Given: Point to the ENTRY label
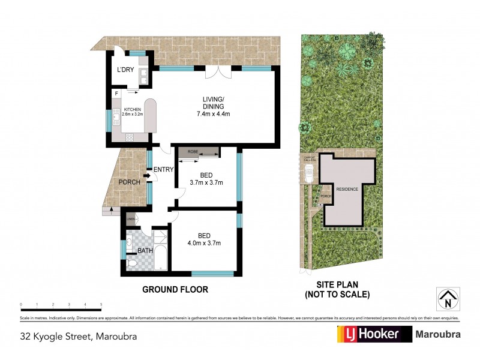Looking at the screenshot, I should pyautogui.click(x=163, y=170).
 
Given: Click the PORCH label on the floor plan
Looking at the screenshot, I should pyautogui.click(x=130, y=182).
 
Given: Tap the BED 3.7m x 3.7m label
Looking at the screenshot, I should pyautogui.click(x=206, y=179).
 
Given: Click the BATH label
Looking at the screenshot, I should pyautogui.click(x=145, y=251).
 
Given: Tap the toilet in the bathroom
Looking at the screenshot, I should pyautogui.click(x=131, y=263).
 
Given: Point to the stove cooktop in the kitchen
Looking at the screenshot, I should pyautogui.click(x=130, y=137).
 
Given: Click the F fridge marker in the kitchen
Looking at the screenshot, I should pyautogui.click(x=115, y=94).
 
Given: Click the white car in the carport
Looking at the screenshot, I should pyautogui.click(x=308, y=173).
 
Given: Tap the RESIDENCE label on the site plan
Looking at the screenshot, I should pyautogui.click(x=347, y=189).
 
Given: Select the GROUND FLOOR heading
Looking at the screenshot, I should pyautogui.click(x=175, y=289).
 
